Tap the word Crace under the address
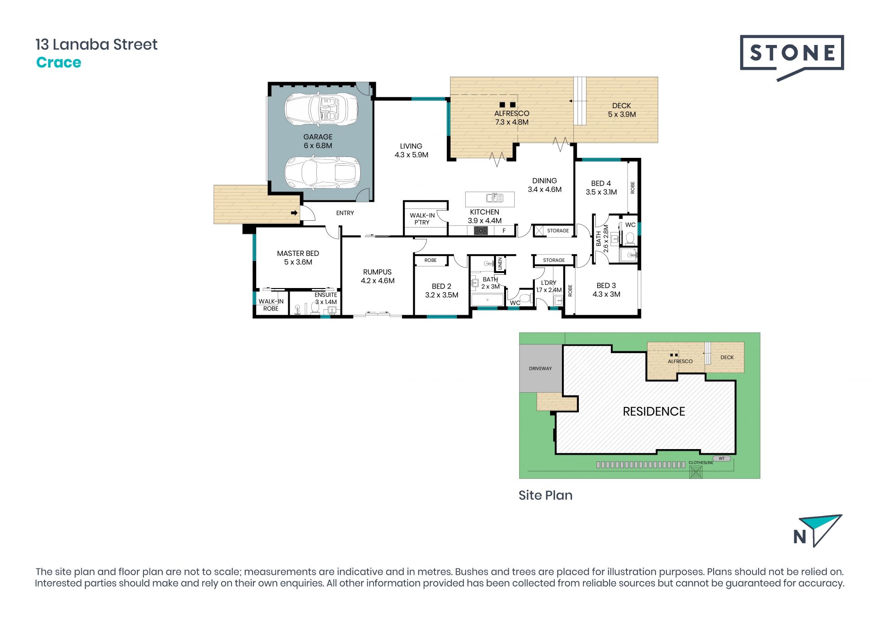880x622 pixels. tap(59, 62)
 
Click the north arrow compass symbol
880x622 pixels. tap(818, 531)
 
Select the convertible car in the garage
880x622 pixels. tap(321, 109)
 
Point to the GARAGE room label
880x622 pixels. tap(318, 137)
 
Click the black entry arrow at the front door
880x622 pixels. tap(294, 213)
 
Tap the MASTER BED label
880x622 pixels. tap(298, 253)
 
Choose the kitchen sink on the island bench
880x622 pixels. tap(495, 198)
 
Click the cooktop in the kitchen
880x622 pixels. tap(480, 231)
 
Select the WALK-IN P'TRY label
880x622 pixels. tap(422, 219)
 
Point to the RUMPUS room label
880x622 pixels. tap(377, 272)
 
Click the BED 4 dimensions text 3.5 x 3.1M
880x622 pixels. tap(601, 192)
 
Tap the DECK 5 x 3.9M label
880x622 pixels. tap(622, 110)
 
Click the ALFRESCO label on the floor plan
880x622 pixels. tap(511, 113)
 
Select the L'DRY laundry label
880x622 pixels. tap(549, 283)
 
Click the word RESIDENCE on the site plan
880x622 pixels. tap(654, 411)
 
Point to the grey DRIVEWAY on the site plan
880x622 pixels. tap(541, 368)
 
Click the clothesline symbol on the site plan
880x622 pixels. tap(696, 472)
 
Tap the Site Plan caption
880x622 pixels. tap(545, 495)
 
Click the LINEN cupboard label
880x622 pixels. tap(500, 264)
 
